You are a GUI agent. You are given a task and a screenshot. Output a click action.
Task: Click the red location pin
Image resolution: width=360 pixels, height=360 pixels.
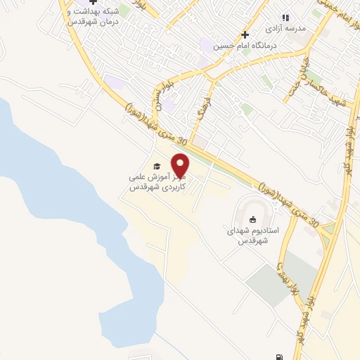[181, 165]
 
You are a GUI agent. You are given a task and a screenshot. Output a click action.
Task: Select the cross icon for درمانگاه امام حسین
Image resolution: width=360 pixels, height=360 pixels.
[245, 34]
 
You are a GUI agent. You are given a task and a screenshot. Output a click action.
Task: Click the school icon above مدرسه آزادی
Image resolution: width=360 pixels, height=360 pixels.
[285, 18]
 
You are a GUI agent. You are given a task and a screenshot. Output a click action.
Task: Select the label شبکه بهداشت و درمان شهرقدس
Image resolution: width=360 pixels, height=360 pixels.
[91, 17]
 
